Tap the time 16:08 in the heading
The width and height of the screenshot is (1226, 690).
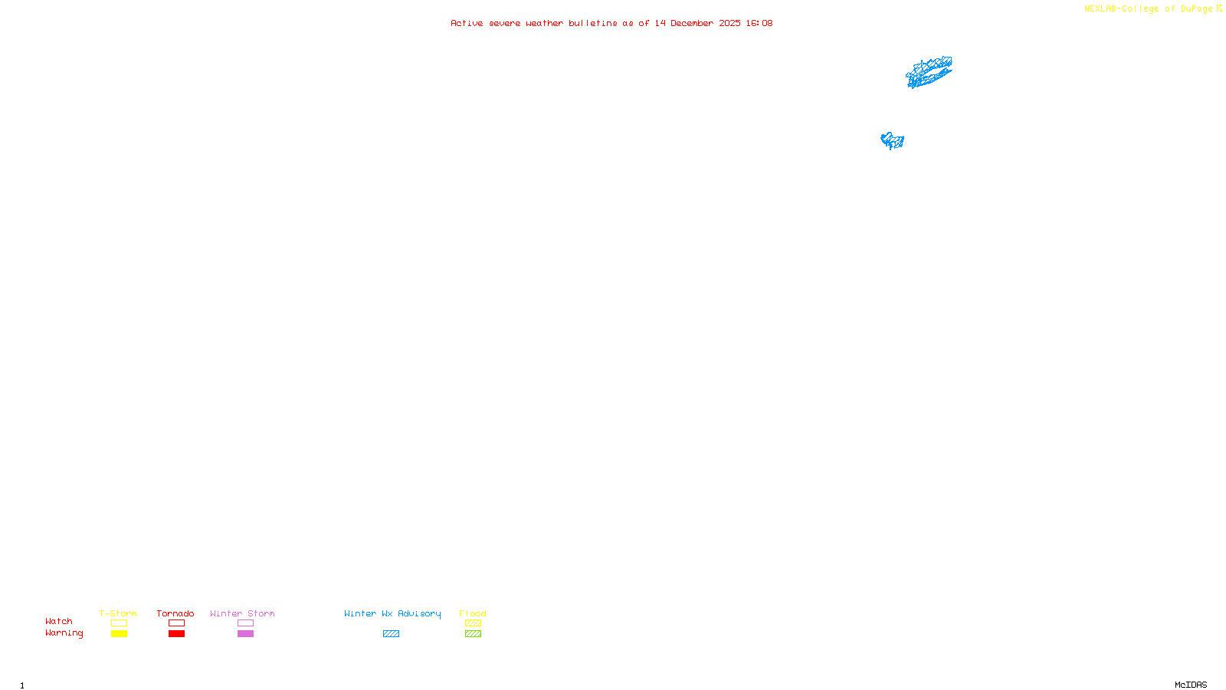point(759,23)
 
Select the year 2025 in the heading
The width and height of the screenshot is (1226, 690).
point(729,23)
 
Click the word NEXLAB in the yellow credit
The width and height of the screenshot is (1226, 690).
point(1100,9)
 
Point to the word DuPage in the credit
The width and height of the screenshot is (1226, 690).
point(1196,9)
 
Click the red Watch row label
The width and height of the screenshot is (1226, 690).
point(59,621)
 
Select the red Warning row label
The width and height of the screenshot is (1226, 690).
point(64,633)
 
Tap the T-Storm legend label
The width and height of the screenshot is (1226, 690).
point(118,613)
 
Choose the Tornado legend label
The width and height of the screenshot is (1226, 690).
point(175,613)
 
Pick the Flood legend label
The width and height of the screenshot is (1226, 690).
point(473,613)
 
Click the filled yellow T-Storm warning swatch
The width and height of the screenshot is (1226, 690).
point(119,634)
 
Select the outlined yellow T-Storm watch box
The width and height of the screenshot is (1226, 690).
point(119,623)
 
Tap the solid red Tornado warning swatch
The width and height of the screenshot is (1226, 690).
point(176,634)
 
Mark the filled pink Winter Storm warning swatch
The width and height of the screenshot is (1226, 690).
point(245,634)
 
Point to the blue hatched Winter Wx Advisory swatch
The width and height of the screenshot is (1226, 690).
point(391,634)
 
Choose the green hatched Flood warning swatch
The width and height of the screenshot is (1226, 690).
point(473,634)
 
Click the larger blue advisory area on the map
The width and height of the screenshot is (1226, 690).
point(929,72)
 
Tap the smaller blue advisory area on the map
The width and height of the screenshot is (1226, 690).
point(892,140)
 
